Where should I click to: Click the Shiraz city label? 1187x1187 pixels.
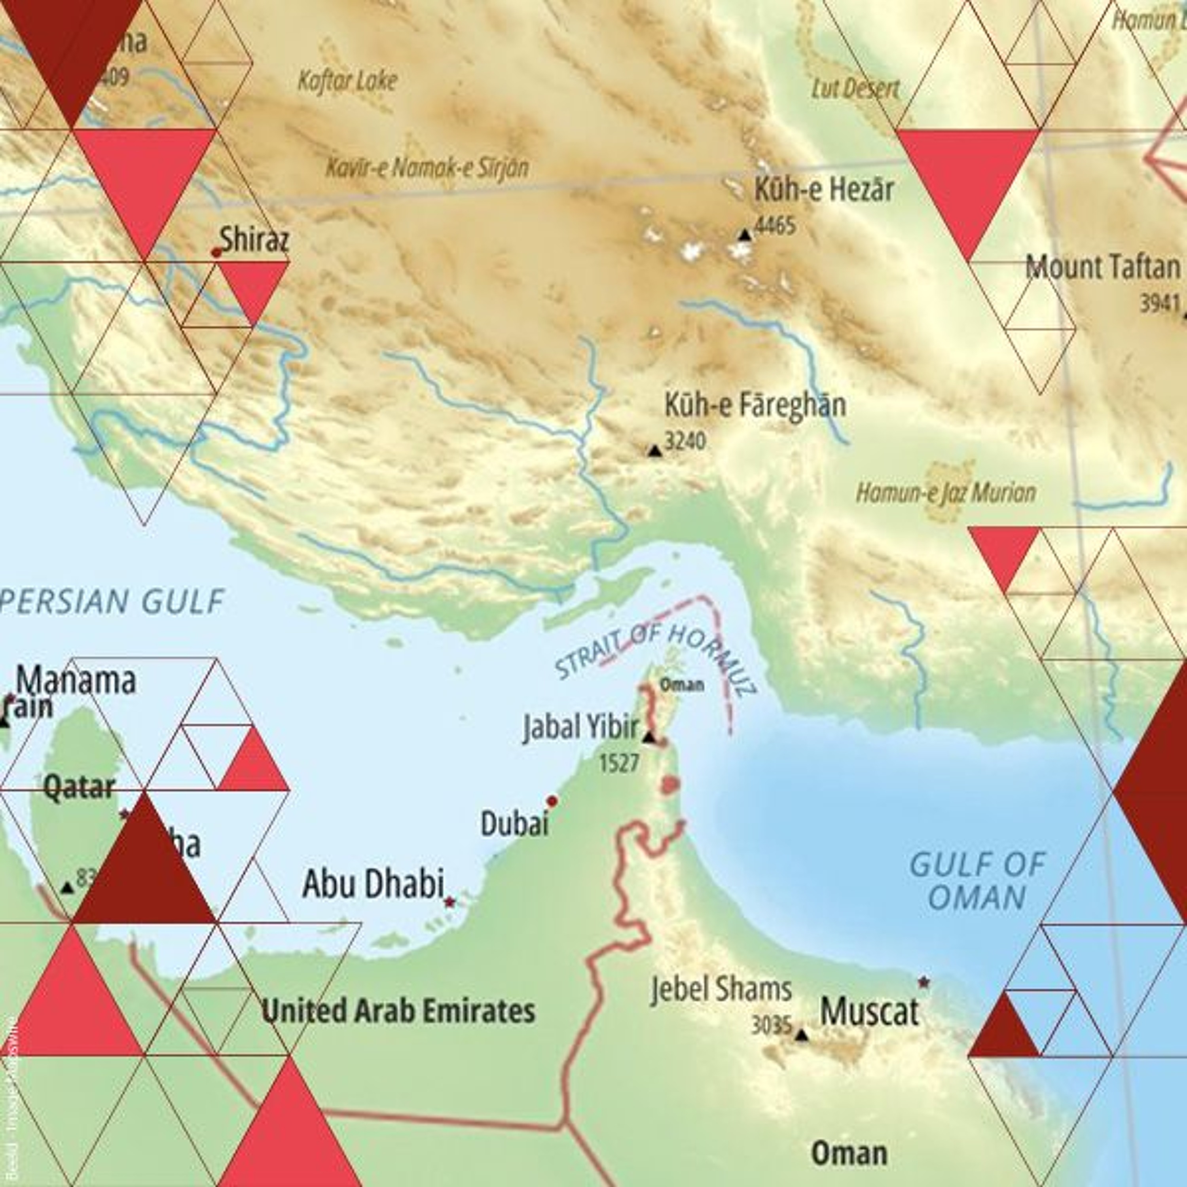(x=254, y=240)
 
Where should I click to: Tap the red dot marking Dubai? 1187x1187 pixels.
(x=552, y=801)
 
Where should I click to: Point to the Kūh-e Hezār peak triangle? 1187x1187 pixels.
(x=745, y=235)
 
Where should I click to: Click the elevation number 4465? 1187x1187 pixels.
(x=775, y=226)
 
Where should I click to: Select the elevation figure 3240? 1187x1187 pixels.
(x=686, y=441)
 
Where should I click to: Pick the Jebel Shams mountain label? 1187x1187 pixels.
(x=721, y=990)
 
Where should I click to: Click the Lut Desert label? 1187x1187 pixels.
(x=855, y=89)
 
